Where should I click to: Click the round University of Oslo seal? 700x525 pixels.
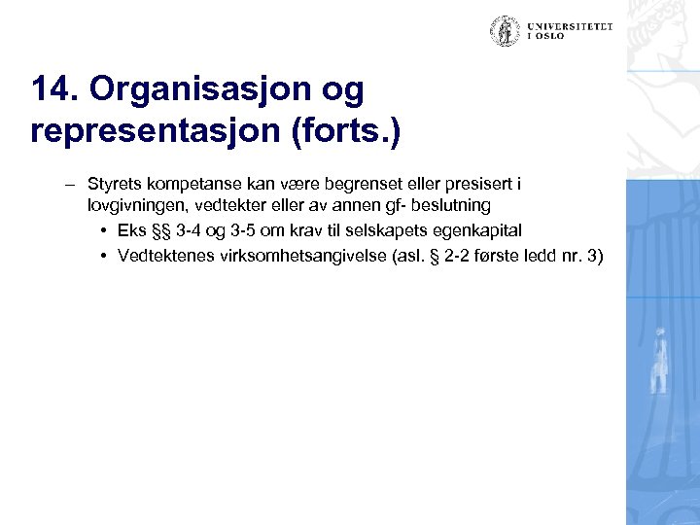[505, 31]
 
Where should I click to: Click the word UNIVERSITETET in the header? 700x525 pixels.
[571, 26]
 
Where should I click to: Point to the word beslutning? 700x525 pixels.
[449, 206]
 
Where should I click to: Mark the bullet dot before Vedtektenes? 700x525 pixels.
[102, 256]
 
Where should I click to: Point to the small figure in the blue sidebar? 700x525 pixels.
[660, 360]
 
